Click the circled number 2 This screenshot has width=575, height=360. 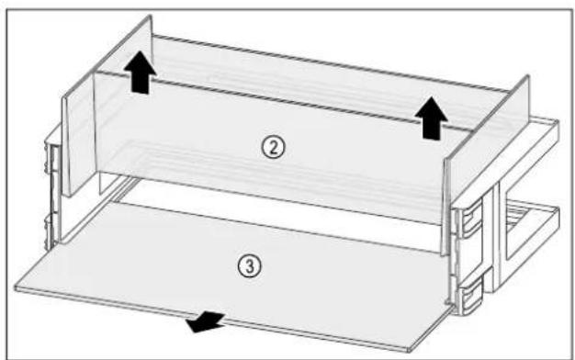pyautogui.click(x=273, y=147)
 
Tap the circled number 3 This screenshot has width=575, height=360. pyautogui.click(x=250, y=266)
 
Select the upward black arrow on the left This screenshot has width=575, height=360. pyautogui.click(x=140, y=73)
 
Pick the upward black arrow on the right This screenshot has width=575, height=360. pyautogui.click(x=432, y=118)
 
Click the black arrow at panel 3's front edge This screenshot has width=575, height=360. pyautogui.click(x=206, y=321)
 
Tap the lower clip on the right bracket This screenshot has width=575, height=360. pyautogui.click(x=469, y=297)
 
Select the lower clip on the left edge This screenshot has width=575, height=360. pyautogui.click(x=50, y=231)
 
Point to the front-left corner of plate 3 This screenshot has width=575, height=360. pyautogui.click(x=16, y=288)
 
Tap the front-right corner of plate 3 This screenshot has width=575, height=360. pyautogui.click(x=410, y=349)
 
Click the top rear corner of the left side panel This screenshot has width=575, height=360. pyautogui.click(x=150, y=16)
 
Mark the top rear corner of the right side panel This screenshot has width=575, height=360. pyautogui.click(x=528, y=75)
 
